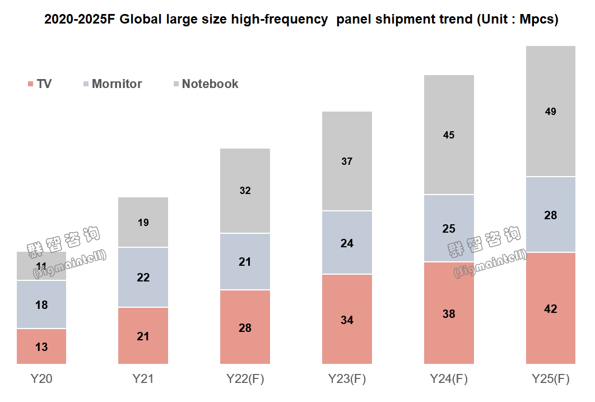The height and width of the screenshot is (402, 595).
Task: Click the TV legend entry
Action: coord(40,84)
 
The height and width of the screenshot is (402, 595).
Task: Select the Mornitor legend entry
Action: coord(111,84)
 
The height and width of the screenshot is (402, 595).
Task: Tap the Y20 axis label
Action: coord(41,379)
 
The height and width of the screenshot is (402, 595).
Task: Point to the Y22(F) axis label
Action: coord(245,379)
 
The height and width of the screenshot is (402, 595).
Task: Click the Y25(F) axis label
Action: coord(551,379)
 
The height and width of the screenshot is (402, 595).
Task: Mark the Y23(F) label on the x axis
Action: coord(347,379)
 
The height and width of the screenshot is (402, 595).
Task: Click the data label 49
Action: coord(551,112)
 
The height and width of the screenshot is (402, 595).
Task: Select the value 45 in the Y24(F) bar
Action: coord(449,135)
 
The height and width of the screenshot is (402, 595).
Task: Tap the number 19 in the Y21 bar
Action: coord(143,223)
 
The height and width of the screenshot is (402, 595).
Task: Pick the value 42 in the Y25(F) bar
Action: coord(551,309)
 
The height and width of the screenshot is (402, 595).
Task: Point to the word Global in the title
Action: coord(141,20)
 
